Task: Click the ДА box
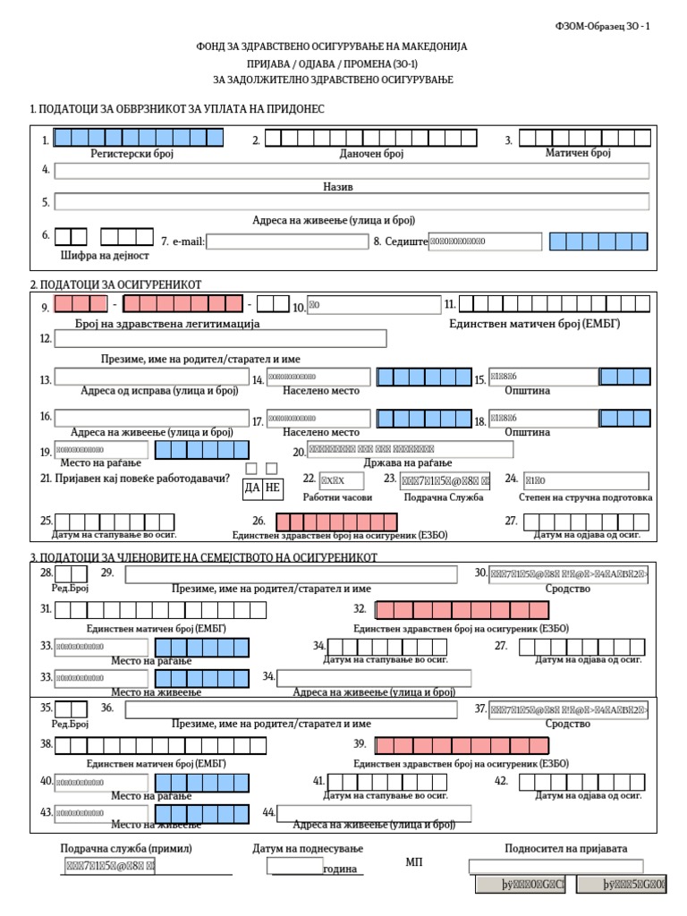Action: coord(251,488)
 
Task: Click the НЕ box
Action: coord(273,488)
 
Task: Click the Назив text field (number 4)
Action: coord(352,171)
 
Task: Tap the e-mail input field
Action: coord(286,242)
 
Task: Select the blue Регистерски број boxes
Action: coord(139,138)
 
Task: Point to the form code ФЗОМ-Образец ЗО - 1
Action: coord(603,27)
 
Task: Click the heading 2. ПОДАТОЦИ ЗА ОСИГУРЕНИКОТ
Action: coord(115,284)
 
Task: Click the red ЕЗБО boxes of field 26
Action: coord(337,522)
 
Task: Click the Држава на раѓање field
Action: coord(410,449)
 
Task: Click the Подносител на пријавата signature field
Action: coord(556,866)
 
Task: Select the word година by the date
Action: coord(340,869)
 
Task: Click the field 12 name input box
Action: coord(221,338)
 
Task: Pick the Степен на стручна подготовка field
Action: coord(586,480)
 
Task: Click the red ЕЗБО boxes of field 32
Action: coord(462,610)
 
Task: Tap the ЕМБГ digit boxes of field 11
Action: coord(555,305)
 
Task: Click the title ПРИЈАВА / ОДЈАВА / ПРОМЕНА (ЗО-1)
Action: coord(333,64)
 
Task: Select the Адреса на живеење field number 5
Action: coord(352,201)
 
